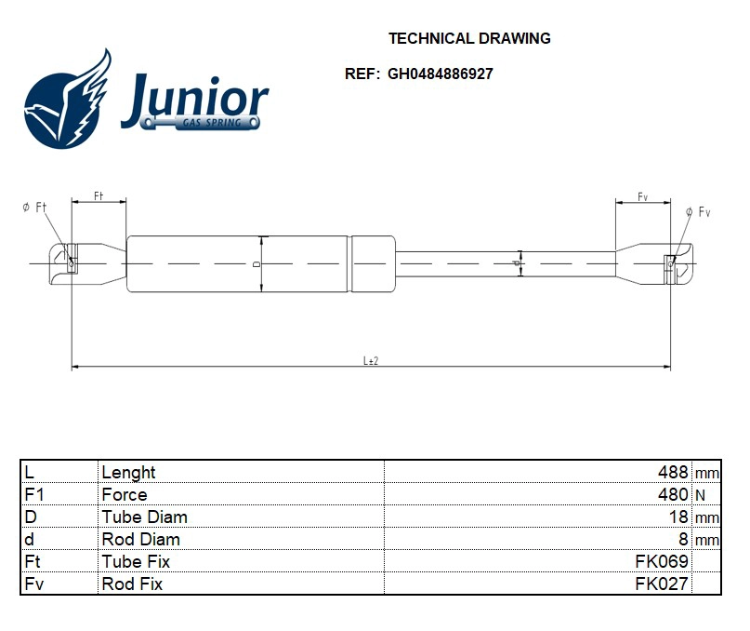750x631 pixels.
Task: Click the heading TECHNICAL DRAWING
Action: [x=468, y=38]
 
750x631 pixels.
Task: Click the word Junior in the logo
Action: [x=194, y=97]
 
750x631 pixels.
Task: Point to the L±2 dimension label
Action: [x=370, y=360]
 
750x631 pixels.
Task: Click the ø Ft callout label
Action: [x=34, y=208]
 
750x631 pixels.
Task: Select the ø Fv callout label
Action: [x=698, y=212]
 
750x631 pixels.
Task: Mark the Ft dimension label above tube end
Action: [x=99, y=195]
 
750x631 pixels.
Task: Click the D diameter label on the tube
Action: [x=257, y=264]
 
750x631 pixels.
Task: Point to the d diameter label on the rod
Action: [x=516, y=264]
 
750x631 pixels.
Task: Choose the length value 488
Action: [x=673, y=472]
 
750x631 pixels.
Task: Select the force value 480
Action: [x=673, y=494]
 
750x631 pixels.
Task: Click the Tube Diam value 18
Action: [x=679, y=517]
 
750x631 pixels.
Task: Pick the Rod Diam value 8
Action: [x=684, y=539]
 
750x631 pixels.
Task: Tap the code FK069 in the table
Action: [x=661, y=561]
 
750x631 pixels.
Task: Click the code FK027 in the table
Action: [x=661, y=584]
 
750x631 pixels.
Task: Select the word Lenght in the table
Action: [x=128, y=472]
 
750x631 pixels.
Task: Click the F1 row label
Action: [x=34, y=494]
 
